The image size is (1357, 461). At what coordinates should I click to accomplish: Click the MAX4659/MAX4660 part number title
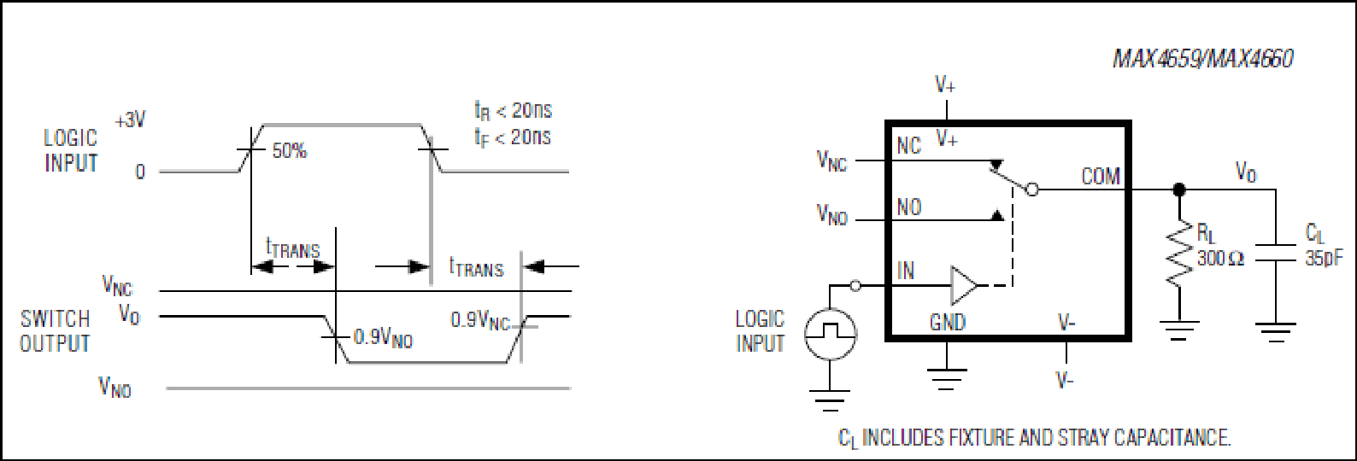pyautogui.click(x=1202, y=59)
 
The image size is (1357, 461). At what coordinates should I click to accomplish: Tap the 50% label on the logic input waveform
pyautogui.click(x=290, y=151)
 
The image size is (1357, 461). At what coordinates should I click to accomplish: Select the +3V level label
pyautogui.click(x=130, y=121)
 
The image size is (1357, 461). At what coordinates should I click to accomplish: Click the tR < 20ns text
pyautogui.click(x=513, y=111)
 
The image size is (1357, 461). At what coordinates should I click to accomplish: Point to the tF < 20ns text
pyautogui.click(x=513, y=137)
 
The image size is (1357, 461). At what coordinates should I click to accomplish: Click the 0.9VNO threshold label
pyautogui.click(x=383, y=338)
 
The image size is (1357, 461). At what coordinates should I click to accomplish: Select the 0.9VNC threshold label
pyautogui.click(x=479, y=321)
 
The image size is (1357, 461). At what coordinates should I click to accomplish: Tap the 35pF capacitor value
pyautogui.click(x=1324, y=259)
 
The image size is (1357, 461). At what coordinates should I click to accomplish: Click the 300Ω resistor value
pyautogui.click(x=1220, y=259)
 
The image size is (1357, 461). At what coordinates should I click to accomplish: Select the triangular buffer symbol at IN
pyautogui.click(x=964, y=285)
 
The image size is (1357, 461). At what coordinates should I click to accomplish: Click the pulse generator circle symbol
pyautogui.click(x=830, y=333)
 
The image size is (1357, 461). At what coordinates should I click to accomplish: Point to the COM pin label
pyautogui.click(x=1101, y=177)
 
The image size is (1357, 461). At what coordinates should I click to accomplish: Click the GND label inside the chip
pyautogui.click(x=948, y=323)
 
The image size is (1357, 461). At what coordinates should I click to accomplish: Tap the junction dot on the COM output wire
pyautogui.click(x=1179, y=190)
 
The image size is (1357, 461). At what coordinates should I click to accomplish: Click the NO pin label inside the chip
pyautogui.click(x=908, y=207)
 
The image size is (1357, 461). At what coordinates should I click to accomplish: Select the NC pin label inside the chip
pyautogui.click(x=908, y=146)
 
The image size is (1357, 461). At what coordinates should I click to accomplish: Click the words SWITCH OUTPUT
pyautogui.click(x=55, y=331)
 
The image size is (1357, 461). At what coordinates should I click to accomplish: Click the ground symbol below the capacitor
pyautogui.click(x=1275, y=333)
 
